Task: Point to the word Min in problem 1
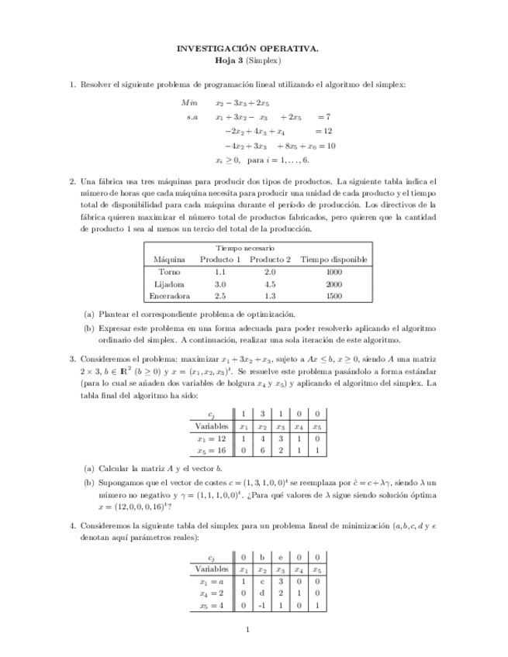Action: tap(189, 102)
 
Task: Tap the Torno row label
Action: tap(169, 272)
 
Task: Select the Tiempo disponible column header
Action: tap(333, 260)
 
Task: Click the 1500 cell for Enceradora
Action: tap(333, 296)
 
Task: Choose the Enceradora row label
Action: tap(169, 296)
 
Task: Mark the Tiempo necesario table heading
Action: tap(245, 247)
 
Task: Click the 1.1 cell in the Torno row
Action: tap(219, 272)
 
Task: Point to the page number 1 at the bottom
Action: tap(247, 629)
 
